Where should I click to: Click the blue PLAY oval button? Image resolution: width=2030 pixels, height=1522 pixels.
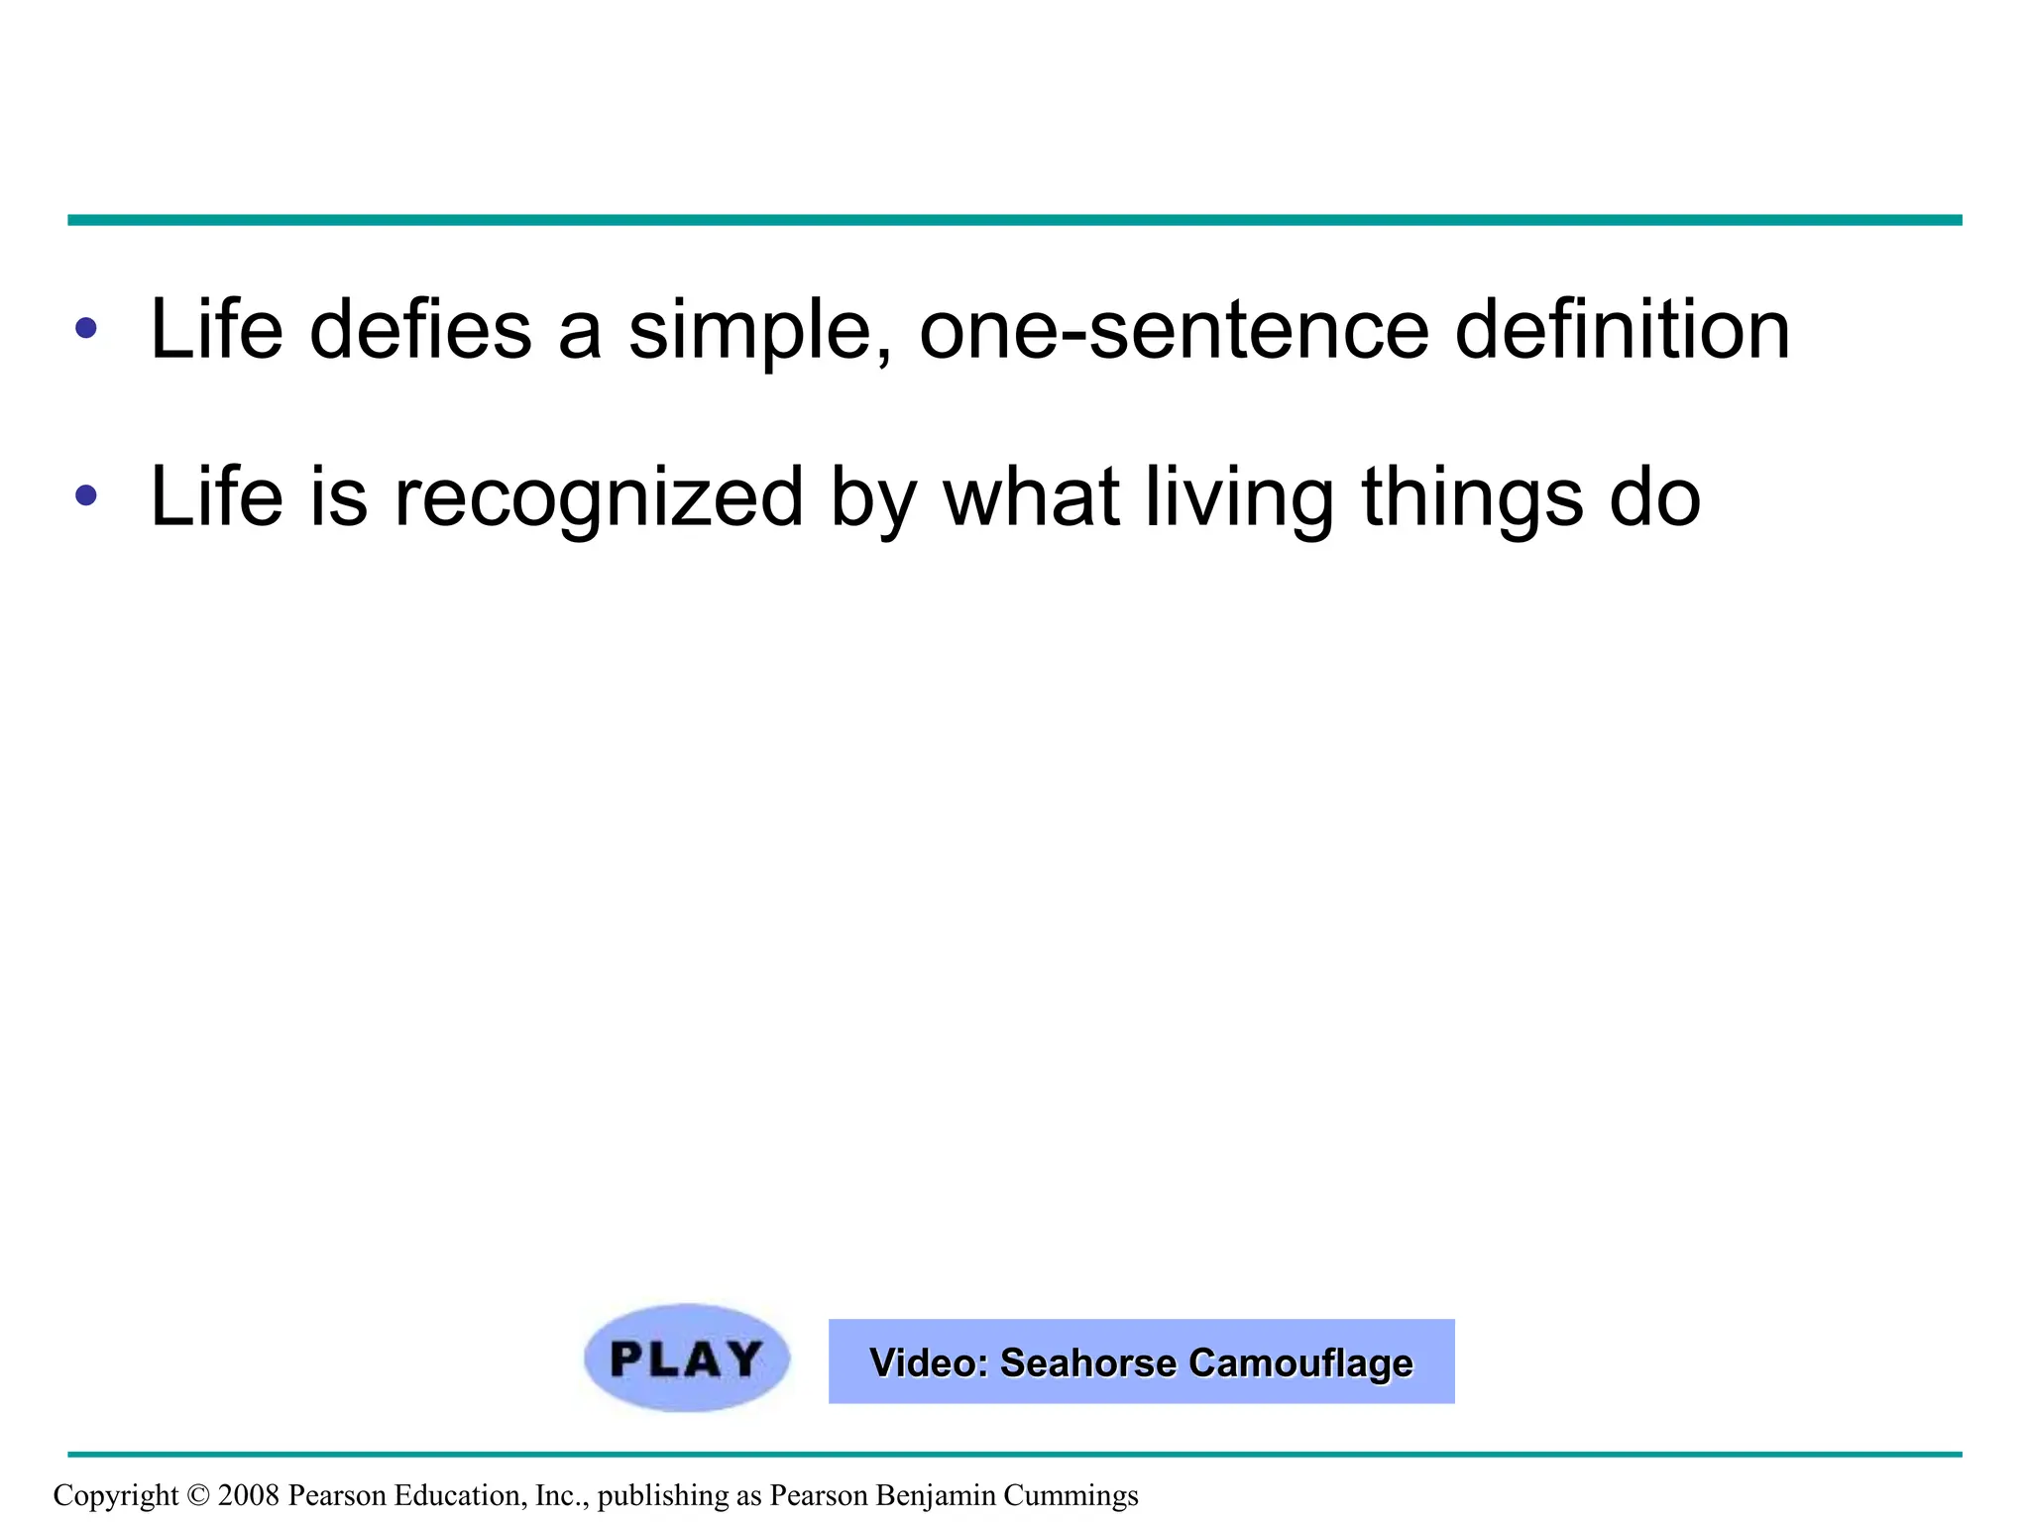tap(686, 1359)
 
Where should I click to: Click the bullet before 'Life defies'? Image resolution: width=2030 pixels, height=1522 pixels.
tap(86, 328)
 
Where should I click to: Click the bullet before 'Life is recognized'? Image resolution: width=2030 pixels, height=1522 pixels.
tap(86, 495)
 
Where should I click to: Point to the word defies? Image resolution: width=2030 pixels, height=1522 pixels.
tap(420, 330)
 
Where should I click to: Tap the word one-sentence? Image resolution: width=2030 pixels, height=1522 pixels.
tap(1174, 330)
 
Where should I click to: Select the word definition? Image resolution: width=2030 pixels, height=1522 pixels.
tap(1622, 330)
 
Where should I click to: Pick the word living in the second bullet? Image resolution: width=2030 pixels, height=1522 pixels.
tap(1239, 498)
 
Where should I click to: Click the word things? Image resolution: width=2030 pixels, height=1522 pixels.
tap(1472, 498)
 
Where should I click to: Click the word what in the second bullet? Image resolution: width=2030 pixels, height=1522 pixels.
tap(1031, 497)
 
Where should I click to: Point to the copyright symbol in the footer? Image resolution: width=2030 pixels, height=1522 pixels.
tap(198, 1495)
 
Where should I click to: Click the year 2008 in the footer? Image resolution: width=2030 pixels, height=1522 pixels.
tap(248, 1495)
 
